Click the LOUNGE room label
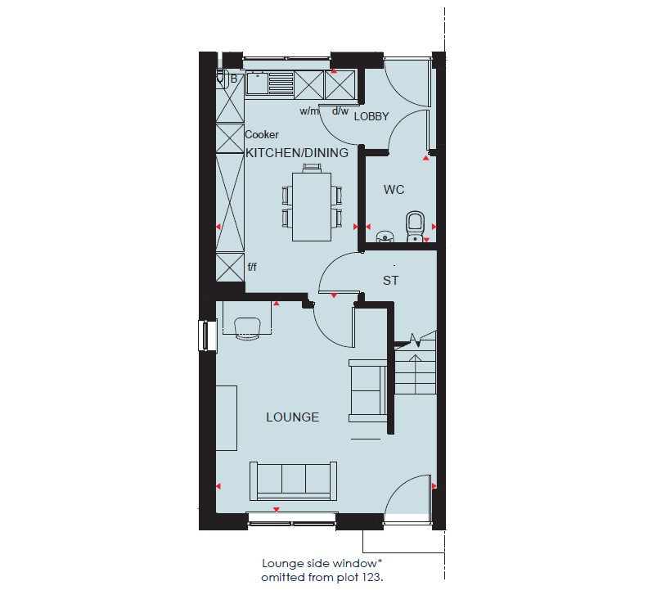click(x=293, y=417)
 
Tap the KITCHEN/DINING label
click(x=297, y=152)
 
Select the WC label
click(x=394, y=190)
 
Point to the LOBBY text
click(x=371, y=116)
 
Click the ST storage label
click(x=390, y=281)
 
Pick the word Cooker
click(x=262, y=134)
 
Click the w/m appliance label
click(x=309, y=110)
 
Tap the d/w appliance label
click(x=340, y=110)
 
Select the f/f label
click(x=252, y=267)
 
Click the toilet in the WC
click(x=415, y=227)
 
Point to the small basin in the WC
click(x=385, y=237)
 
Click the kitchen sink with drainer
click(x=269, y=83)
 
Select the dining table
click(x=312, y=207)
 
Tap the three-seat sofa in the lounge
click(x=293, y=481)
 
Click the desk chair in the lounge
click(x=248, y=328)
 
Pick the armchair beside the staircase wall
click(x=368, y=390)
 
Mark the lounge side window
click(x=208, y=336)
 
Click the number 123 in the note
click(x=372, y=577)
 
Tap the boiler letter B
click(x=234, y=79)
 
